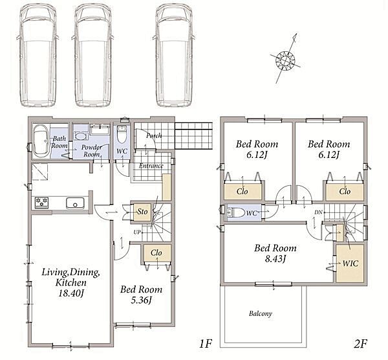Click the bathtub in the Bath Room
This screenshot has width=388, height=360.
pyautogui.click(x=41, y=141)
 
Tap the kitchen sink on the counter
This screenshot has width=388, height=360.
pyautogui.click(x=75, y=203)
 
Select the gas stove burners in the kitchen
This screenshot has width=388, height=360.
pyautogui.click(x=41, y=203)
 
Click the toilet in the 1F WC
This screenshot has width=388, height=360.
pyautogui.click(x=122, y=135)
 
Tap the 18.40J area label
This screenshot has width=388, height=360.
pyautogui.click(x=71, y=293)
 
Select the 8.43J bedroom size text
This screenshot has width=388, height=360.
pyautogui.click(x=275, y=259)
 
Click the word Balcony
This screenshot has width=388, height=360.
pyautogui.click(x=261, y=313)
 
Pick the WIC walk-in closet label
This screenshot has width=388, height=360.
pyautogui.click(x=350, y=263)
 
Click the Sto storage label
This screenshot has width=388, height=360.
pyautogui.click(x=142, y=212)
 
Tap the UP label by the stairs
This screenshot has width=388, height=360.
pyautogui.click(x=137, y=232)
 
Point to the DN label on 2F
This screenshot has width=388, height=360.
pyautogui.click(x=318, y=212)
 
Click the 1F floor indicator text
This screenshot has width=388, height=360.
pyautogui.click(x=206, y=344)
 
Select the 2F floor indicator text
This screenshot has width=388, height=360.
pyautogui.click(x=361, y=344)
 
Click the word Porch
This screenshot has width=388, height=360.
pyautogui.click(x=154, y=135)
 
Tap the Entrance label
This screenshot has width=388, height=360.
pyautogui.click(x=151, y=166)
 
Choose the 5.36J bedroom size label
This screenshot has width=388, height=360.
pyautogui.click(x=141, y=300)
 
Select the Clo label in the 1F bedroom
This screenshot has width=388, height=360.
pyautogui.click(x=156, y=253)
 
